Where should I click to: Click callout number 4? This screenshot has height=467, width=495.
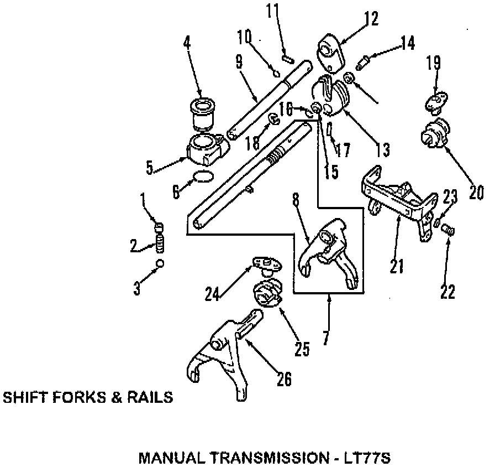(x=188, y=42)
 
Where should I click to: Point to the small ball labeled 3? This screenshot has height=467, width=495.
(x=160, y=263)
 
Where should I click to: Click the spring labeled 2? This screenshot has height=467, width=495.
(x=161, y=242)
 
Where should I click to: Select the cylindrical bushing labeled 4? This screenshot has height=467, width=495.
(x=203, y=113)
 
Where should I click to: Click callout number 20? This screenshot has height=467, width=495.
(x=476, y=192)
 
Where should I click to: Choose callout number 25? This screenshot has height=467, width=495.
(x=302, y=349)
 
